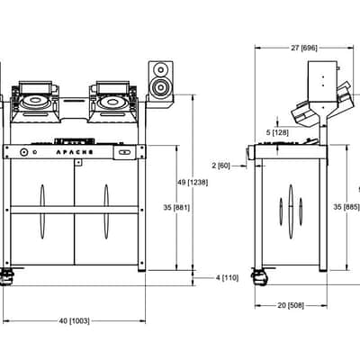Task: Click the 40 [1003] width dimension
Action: pyautogui.click(x=74, y=321)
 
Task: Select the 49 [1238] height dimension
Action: pyautogui.click(x=193, y=183)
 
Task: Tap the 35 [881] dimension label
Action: pyautogui.click(x=176, y=207)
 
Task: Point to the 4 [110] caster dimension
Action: pyautogui.click(x=227, y=278)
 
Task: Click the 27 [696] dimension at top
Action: pyautogui.click(x=304, y=48)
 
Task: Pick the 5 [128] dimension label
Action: pyautogui.click(x=277, y=132)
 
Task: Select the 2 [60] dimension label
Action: pyautogui.click(x=220, y=166)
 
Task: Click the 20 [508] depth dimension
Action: pyautogui.click(x=291, y=305)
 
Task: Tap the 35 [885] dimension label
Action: pyautogui.click(x=346, y=207)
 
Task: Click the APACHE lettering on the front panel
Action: pyautogui.click(x=75, y=152)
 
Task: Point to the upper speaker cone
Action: pyautogui.click(x=159, y=69)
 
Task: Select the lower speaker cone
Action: pyautogui.click(x=161, y=87)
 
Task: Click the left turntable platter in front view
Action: pyautogui.click(x=35, y=101)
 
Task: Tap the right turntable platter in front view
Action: pyautogui.click(x=112, y=102)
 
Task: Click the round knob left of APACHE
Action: pyautogui.click(x=23, y=152)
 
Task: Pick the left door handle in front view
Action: pyautogui.click(x=42, y=211)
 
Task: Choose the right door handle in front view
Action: pyautogui.click(x=106, y=211)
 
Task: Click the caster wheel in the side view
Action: pyautogui.click(x=260, y=277)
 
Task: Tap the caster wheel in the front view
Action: pyautogui.click(x=6, y=277)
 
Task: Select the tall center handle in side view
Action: pyautogui.click(x=291, y=211)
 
